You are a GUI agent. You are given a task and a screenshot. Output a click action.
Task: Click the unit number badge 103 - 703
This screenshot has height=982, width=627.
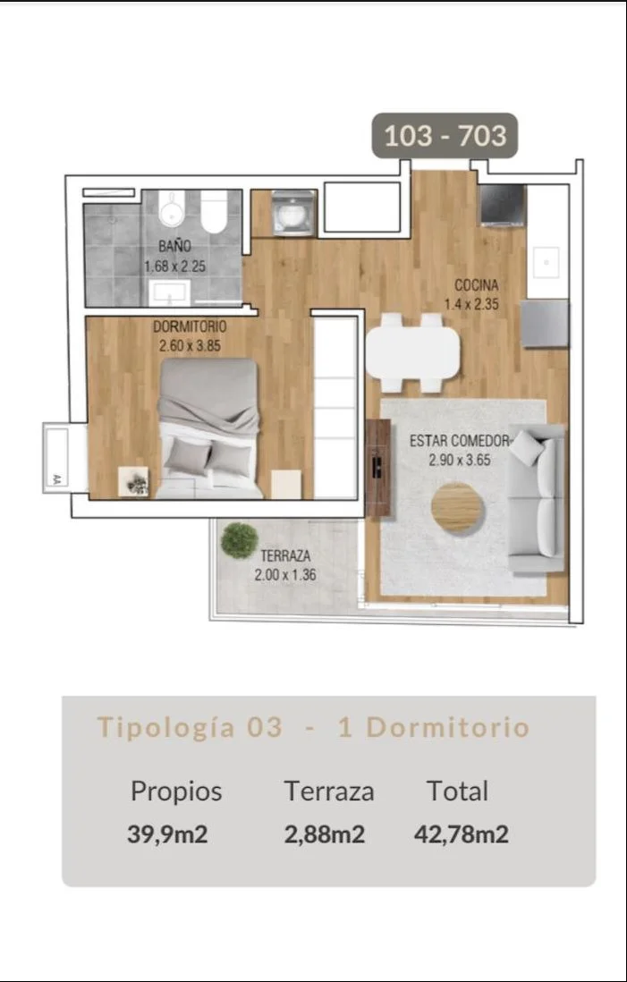click(445, 135)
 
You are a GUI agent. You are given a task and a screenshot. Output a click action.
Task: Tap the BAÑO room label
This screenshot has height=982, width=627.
click(174, 247)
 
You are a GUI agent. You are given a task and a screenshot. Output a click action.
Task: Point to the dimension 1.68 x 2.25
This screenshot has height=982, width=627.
click(174, 267)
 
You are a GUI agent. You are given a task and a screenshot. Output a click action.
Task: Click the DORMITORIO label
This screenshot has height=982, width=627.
click(190, 327)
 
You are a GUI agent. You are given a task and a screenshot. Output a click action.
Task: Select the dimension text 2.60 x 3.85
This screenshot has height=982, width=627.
click(190, 346)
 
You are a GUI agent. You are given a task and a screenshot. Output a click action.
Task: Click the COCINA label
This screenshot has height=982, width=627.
click(477, 286)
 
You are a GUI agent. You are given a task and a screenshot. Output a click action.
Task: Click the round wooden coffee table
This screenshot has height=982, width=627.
click(457, 508)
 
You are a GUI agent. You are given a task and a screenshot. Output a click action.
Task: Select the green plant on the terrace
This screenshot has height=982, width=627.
click(240, 540)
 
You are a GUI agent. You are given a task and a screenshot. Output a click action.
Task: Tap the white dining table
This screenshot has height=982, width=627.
click(412, 353)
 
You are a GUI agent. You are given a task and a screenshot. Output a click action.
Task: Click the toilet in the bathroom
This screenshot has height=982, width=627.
click(215, 212)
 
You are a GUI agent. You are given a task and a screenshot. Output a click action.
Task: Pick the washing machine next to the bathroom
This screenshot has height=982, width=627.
click(293, 213)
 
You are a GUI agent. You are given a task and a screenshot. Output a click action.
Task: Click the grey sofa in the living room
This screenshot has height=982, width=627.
click(536, 498)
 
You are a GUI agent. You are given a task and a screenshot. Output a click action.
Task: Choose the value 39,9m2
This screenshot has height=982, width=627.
click(167, 834)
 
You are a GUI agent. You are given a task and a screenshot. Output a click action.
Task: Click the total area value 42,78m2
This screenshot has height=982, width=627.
click(461, 834)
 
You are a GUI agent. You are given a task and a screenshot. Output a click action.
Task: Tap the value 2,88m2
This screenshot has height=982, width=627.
click(325, 834)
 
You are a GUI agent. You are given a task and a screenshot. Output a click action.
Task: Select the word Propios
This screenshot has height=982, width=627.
click(176, 792)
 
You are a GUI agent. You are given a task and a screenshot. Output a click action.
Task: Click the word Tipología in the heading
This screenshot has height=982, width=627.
click(166, 728)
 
